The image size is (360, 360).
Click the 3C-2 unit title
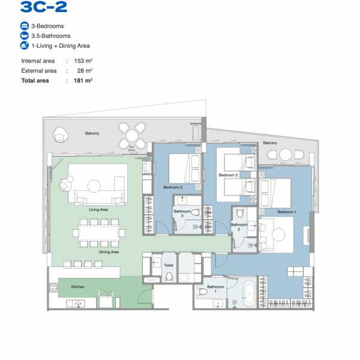click(44, 7)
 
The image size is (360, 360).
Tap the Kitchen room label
click(78, 287)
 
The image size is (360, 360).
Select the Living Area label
click(98, 209)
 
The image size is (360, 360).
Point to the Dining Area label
click(109, 252)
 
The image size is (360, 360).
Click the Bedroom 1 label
click(287, 212)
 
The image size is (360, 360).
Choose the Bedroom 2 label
click(228, 175)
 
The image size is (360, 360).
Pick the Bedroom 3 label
click(173, 187)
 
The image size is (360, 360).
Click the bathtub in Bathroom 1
click(249, 293)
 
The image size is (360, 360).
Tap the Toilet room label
click(169, 265)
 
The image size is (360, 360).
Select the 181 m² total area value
click(83, 80)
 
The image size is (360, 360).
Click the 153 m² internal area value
click(83, 61)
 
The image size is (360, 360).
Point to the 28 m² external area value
click(85, 71)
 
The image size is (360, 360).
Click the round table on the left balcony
click(132, 136)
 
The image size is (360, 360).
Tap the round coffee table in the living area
click(94, 186)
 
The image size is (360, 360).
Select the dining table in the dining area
click(99, 233)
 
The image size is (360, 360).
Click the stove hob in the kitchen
click(53, 287)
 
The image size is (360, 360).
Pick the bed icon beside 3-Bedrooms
click(25, 26)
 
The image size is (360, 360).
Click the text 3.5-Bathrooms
click(51, 36)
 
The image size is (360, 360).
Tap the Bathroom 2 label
click(239, 227)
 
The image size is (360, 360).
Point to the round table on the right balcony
click(286, 155)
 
